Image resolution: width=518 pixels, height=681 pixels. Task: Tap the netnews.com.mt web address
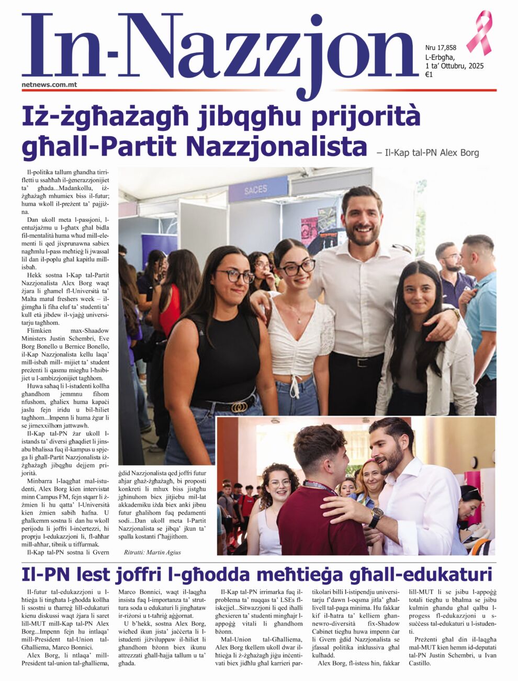coord(50,84)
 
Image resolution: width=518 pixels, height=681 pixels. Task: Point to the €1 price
coord(429,75)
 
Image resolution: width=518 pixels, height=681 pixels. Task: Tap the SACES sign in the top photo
coord(255,189)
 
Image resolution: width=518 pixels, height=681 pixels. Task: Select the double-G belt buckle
coord(239,407)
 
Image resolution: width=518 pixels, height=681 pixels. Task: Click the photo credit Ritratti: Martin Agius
coord(152,552)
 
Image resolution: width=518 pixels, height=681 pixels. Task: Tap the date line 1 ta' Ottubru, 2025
coord(454,66)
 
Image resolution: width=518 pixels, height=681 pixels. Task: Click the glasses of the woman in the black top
coord(234,275)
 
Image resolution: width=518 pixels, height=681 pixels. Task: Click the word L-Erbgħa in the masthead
coord(440,57)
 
